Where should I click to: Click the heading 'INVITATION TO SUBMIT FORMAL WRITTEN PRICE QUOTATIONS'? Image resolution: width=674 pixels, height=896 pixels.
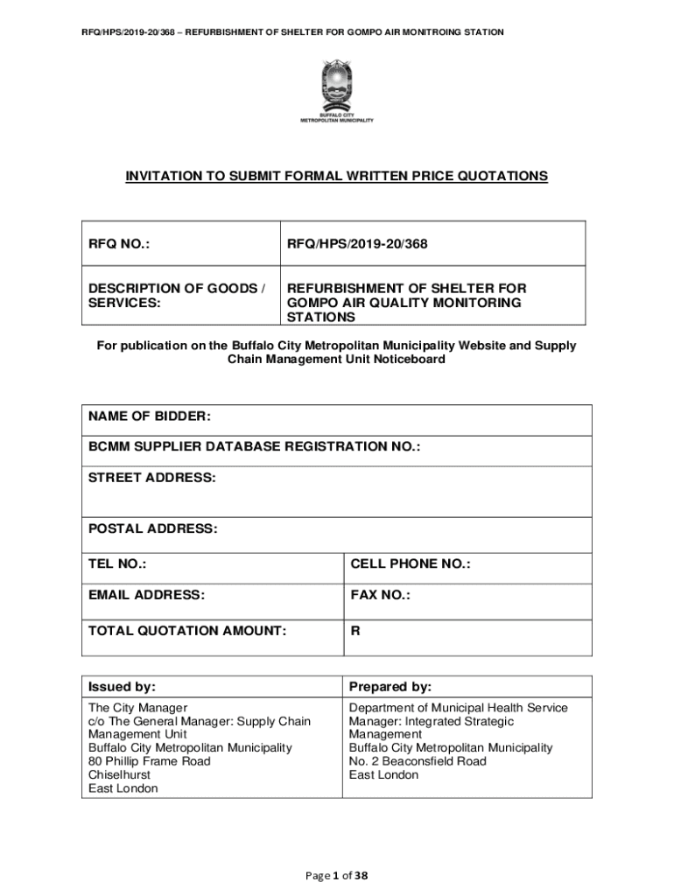[x=336, y=177]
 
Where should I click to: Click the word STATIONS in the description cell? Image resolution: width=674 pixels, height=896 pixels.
[x=321, y=318]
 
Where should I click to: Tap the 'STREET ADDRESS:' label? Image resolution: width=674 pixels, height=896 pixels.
[x=151, y=478]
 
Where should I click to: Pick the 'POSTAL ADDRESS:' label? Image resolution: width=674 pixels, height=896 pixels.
[x=152, y=528]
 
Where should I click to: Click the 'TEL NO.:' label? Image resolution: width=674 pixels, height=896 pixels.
[x=117, y=564]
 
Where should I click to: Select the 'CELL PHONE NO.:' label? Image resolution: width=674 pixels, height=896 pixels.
[x=410, y=564]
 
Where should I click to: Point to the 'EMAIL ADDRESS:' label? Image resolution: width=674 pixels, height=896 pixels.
[x=146, y=595]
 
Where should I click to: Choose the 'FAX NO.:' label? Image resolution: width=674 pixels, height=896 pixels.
[x=380, y=595]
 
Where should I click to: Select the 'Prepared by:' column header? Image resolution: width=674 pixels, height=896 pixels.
[x=390, y=687]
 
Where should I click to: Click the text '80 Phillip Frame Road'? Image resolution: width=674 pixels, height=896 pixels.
[x=150, y=761]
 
